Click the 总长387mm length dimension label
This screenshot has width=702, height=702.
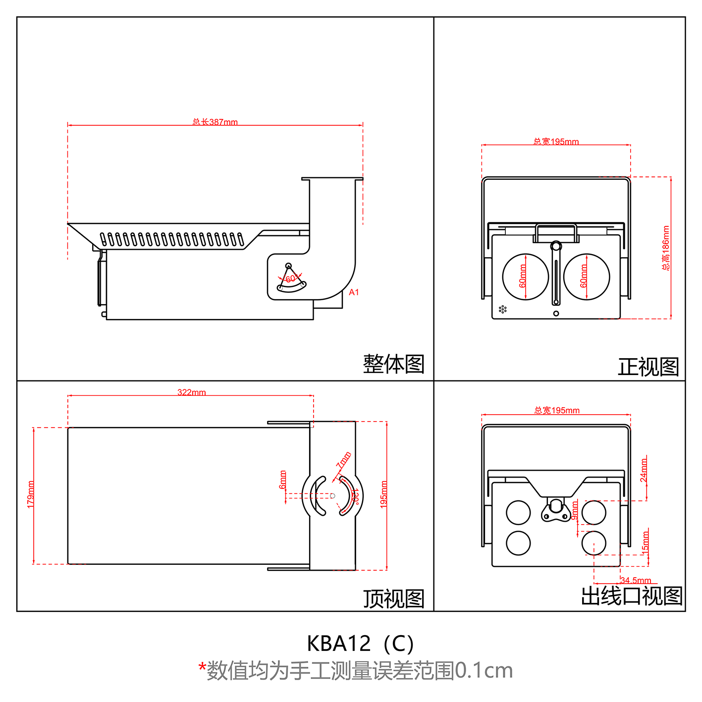pos(215,122)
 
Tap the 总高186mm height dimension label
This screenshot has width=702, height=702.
pos(666,248)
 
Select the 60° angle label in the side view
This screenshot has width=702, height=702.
pos(291,279)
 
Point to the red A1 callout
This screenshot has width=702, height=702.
pos(354,292)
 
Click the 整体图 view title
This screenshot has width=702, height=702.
pos(393,364)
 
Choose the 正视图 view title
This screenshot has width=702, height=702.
pos(648,367)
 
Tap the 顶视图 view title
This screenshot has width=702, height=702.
pos(393,598)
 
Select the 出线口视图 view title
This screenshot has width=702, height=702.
pos(632,596)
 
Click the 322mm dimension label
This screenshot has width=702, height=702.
pos(192,392)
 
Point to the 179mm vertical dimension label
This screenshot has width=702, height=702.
pos(31,494)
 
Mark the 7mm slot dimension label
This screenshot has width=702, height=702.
pos(344,460)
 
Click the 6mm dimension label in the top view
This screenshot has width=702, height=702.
pos(283,480)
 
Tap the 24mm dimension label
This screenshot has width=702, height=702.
pos(644,470)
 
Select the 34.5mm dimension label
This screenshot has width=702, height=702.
pos(636,580)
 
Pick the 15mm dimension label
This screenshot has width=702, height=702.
pos(645,542)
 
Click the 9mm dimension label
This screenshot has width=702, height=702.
pos(575,510)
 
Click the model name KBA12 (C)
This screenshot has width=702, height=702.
pos(360,644)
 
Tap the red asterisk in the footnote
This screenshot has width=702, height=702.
pos(202,667)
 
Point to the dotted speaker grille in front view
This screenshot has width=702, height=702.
pos(503,309)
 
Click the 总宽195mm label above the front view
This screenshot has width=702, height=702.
pos(556,142)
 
